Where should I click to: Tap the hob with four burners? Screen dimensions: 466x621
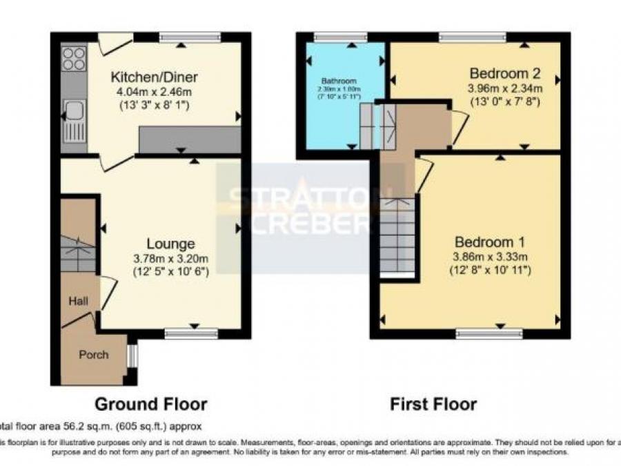tap(74, 59)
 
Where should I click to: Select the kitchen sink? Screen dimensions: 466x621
tap(73, 110)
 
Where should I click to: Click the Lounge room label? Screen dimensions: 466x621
tap(170, 244)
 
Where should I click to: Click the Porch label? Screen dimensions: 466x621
tap(93, 355)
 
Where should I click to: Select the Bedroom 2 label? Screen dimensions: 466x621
tap(505, 74)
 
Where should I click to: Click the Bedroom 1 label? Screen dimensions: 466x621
tap(490, 242)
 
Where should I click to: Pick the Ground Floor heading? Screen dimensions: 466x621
tap(150, 404)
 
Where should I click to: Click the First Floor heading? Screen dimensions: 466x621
tap(433, 404)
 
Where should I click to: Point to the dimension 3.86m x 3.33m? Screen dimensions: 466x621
tap(491, 257)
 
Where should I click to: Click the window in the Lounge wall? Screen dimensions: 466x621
tap(191, 334)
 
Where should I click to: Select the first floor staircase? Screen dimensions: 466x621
tap(398, 238)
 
